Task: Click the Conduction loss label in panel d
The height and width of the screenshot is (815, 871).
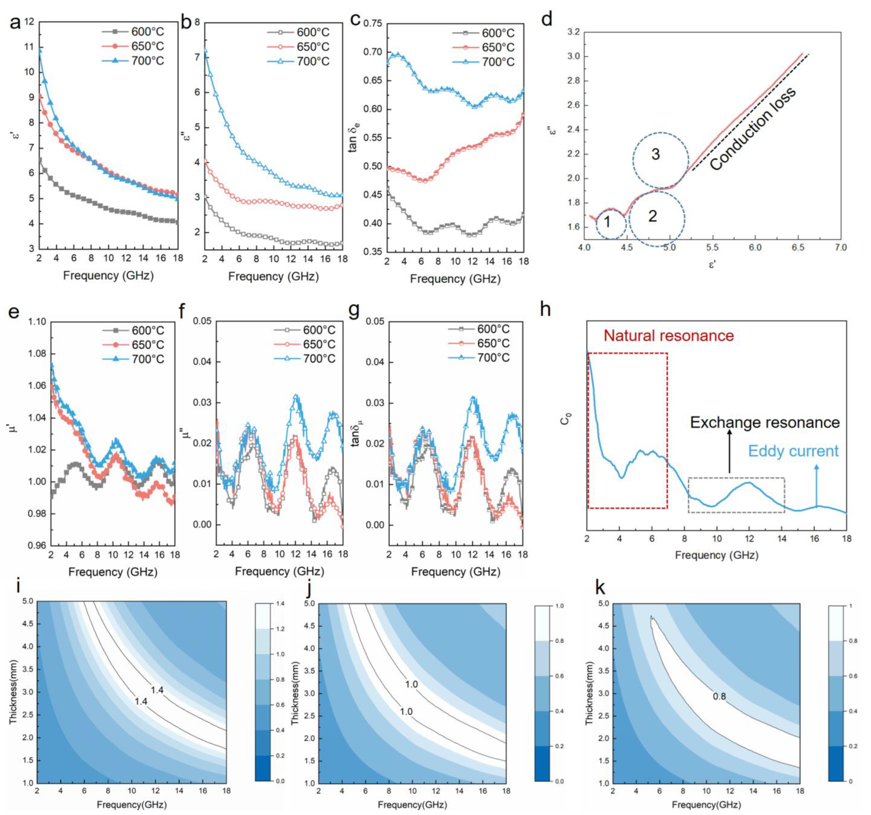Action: pos(752,129)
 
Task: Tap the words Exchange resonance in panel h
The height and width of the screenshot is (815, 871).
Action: pos(764,422)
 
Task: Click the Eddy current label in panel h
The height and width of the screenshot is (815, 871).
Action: pos(793,451)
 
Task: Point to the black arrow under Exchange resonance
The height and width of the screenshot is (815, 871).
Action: pos(730,451)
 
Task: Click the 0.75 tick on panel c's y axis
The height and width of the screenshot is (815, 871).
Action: pos(373,24)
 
